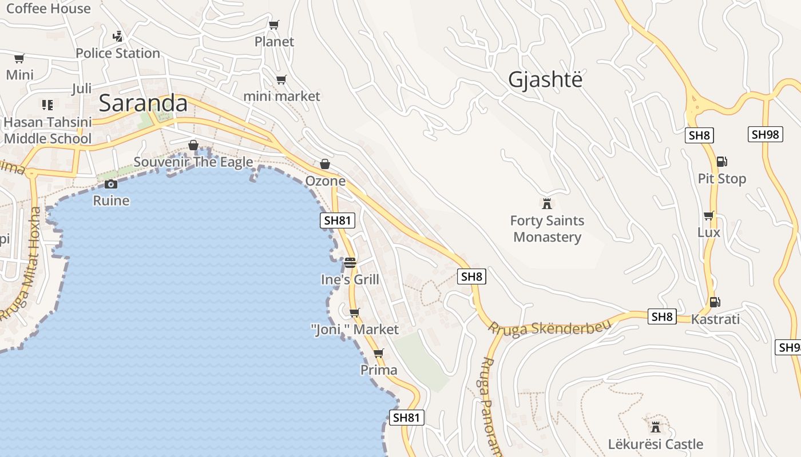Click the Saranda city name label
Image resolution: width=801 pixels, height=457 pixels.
(143, 103)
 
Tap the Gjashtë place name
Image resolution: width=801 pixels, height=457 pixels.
(545, 79)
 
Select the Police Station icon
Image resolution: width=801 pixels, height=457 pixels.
(118, 37)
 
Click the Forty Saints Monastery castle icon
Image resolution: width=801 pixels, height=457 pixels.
(547, 203)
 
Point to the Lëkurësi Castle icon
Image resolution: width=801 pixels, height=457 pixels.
(656, 427)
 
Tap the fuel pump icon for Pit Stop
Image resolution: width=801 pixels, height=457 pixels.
(721, 162)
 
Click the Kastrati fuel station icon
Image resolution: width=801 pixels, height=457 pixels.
(715, 302)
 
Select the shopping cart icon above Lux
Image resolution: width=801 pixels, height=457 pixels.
(708, 215)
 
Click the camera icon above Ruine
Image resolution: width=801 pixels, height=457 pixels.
(111, 184)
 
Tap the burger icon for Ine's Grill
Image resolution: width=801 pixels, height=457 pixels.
(350, 263)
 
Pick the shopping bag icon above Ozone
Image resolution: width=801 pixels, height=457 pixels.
(325, 164)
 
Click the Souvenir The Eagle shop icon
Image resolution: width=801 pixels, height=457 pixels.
(193, 145)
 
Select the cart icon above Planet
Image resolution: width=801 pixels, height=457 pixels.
(274, 25)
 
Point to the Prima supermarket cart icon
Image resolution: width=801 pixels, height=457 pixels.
(378, 353)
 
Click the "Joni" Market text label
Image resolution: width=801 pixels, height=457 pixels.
(355, 330)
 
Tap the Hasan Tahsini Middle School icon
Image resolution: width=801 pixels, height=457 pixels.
(47, 105)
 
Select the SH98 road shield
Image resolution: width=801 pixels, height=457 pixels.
(765, 134)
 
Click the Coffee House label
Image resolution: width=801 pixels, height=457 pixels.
(48, 8)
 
